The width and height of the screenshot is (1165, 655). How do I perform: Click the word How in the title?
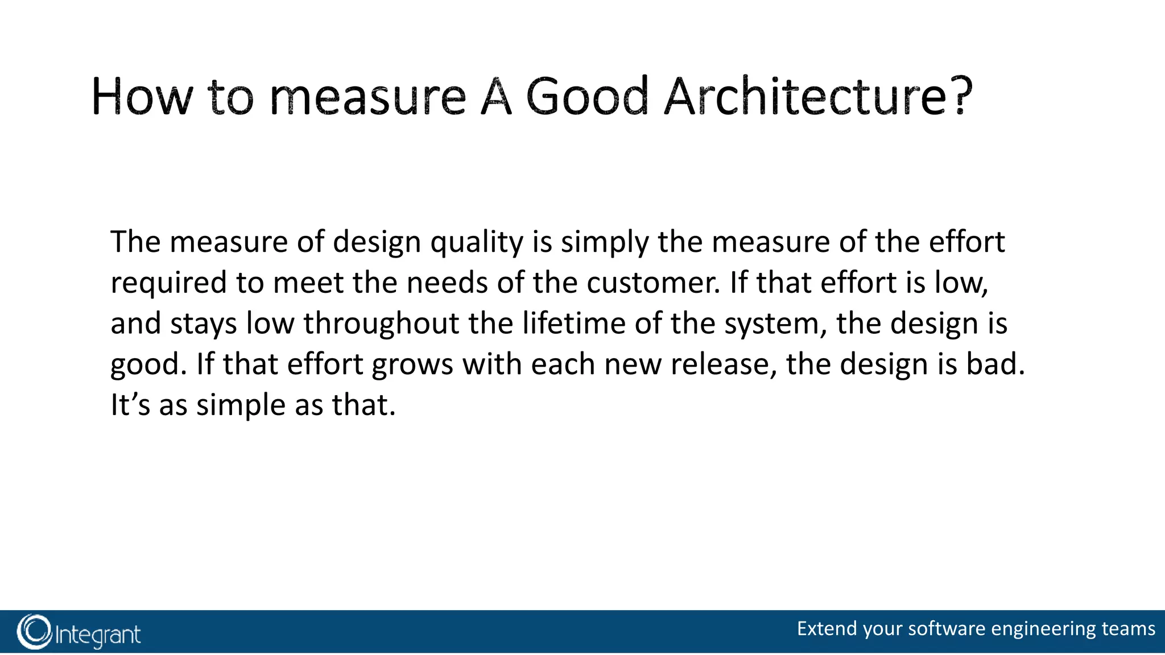click(142, 98)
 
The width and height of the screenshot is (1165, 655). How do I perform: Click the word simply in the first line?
click(605, 243)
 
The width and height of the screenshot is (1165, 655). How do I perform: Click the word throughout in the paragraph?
click(381, 324)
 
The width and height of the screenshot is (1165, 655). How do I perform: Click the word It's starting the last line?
click(130, 405)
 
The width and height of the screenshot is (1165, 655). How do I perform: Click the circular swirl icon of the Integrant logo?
click(34, 632)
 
